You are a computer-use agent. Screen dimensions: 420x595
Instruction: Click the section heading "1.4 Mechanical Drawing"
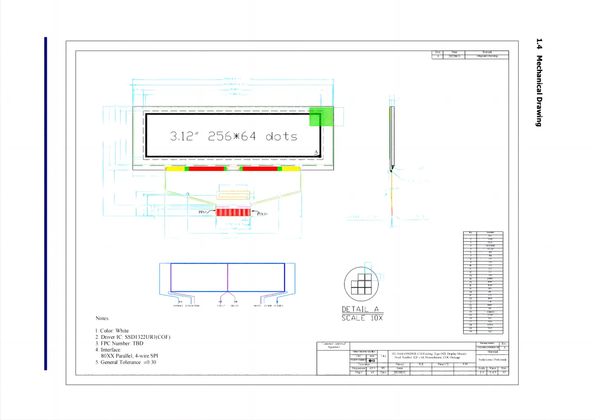coord(539,82)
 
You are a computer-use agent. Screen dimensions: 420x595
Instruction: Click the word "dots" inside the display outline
coord(281,136)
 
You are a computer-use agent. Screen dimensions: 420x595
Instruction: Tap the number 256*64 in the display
coord(232,136)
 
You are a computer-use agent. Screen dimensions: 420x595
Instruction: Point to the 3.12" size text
coord(184,136)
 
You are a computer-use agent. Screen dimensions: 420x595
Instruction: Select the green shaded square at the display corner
coord(321,117)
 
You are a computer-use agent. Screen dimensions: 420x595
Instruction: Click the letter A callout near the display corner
coord(316,152)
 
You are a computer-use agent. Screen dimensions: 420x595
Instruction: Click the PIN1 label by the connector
coord(203,212)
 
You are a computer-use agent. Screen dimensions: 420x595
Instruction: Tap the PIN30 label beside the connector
coord(262,214)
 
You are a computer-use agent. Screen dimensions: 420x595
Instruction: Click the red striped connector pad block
coord(233,212)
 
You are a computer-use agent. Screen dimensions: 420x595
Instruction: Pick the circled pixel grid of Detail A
coord(361,284)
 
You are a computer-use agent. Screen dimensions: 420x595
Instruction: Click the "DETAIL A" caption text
coord(360,309)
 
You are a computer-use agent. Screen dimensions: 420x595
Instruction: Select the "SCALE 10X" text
coord(362,318)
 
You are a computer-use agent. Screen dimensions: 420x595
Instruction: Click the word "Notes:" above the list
coord(103,318)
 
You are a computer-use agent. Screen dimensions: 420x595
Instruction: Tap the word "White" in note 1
coord(122,331)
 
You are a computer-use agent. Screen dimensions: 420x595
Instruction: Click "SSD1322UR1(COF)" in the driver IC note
coord(147,337)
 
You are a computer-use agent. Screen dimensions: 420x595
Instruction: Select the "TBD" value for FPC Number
coord(138,343)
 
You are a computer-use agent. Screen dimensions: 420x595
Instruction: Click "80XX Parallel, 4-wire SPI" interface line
coord(129,356)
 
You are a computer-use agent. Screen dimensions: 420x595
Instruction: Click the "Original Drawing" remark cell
coord(487,56)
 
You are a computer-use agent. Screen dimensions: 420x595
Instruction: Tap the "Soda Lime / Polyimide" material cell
coord(492,359)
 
